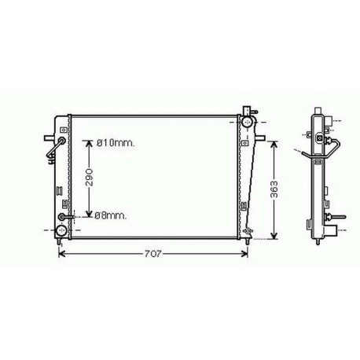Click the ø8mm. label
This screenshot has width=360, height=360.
[109, 215]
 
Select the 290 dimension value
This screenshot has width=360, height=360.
[90, 179]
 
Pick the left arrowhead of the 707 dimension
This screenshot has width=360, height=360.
[63, 254]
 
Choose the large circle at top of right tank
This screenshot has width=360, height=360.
[248, 123]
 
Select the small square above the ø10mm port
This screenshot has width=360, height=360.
[61, 127]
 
